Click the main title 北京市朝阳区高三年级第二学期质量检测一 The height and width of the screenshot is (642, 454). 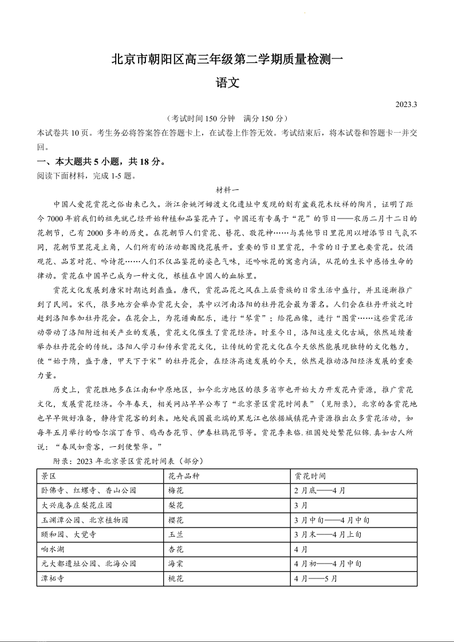click(x=227, y=59)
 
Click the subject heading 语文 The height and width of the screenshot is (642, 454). click(x=227, y=82)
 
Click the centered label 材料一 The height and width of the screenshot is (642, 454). click(x=227, y=189)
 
